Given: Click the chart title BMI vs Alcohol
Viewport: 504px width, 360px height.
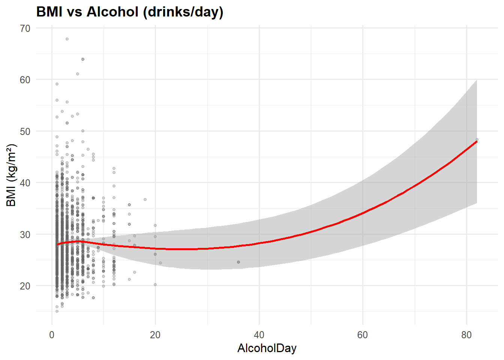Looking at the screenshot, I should click(x=130, y=12).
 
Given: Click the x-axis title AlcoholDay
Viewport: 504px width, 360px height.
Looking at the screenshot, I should click(x=267, y=348).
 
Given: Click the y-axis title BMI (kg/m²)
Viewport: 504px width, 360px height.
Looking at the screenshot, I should click(x=12, y=175).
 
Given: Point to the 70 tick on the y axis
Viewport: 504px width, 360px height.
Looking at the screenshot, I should click(x=25, y=28).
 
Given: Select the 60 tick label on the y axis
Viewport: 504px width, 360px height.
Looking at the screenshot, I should click(x=25, y=80).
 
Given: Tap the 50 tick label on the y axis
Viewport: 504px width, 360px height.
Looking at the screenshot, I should click(x=25, y=132).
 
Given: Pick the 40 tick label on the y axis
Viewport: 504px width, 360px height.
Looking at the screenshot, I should click(x=25, y=183).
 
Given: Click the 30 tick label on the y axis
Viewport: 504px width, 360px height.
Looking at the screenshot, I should click(x=25, y=235).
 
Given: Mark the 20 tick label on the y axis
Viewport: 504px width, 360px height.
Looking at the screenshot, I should click(x=25, y=286).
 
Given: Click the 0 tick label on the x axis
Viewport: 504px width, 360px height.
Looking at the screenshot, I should click(x=52, y=335).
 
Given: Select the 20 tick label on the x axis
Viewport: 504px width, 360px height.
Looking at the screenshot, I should click(x=155, y=335).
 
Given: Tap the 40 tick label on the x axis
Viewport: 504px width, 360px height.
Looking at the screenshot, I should click(x=259, y=335).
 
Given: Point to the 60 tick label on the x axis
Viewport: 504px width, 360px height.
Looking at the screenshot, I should click(x=363, y=335).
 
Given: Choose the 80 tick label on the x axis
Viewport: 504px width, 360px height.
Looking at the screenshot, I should click(x=466, y=335).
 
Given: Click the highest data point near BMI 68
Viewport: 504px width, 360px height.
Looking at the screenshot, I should click(x=67, y=39).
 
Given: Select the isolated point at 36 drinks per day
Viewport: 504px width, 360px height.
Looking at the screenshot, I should click(x=238, y=262).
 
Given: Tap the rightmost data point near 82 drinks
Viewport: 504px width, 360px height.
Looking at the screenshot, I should click(x=477, y=139).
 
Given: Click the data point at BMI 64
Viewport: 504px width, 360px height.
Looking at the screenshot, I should click(x=83, y=59).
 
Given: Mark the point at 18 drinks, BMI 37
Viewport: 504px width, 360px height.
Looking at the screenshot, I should click(x=145, y=199).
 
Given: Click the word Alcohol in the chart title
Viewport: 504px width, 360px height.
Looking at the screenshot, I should click(x=112, y=12).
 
